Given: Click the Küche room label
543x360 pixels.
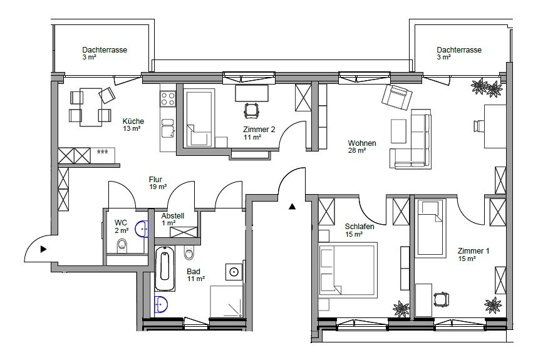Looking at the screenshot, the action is (133, 121).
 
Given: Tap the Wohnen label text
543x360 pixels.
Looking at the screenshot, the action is (362, 143).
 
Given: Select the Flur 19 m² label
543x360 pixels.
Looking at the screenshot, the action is (158, 183).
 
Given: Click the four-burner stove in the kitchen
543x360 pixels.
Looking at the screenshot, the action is (168, 98).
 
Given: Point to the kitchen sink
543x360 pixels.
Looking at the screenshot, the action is (168, 128).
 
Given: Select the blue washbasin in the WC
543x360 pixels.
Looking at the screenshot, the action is (142, 229).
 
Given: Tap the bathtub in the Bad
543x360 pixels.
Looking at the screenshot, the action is (165, 269).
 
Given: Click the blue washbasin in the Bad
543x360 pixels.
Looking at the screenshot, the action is (161, 305).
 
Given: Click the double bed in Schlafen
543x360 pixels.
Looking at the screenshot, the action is (348, 270).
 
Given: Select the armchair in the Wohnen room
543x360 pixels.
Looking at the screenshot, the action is (397, 96).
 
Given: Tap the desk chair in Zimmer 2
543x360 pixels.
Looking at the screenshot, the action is (251, 110).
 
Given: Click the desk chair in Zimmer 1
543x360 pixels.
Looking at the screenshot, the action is (441, 299).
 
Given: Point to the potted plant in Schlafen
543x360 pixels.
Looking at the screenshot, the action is (401, 308).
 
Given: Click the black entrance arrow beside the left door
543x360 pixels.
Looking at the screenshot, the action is (43, 249).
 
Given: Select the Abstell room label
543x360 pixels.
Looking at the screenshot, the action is (172, 215).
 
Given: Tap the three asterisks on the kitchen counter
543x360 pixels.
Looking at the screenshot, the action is (102, 152).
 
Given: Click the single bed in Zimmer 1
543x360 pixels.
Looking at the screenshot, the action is (430, 228).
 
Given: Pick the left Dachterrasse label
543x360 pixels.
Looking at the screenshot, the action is (105, 50).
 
